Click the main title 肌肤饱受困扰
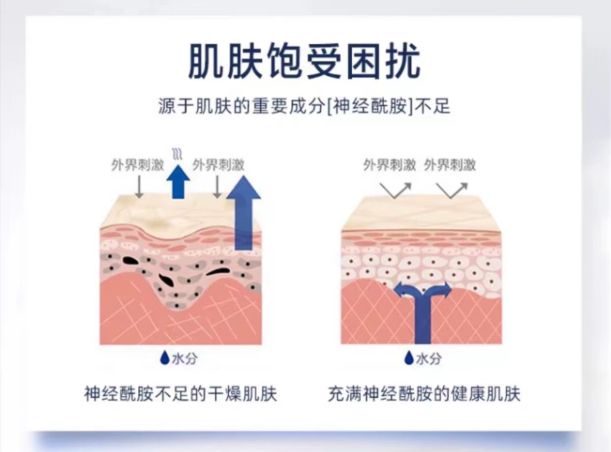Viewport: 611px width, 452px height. pos(305,62)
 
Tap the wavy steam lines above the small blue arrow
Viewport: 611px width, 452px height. pos(177,154)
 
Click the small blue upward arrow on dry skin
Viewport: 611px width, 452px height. pos(178,181)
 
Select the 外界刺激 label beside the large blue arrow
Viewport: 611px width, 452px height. pos(218,165)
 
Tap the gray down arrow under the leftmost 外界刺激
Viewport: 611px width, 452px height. pos(139,187)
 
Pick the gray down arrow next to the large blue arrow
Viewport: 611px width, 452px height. pos(217,187)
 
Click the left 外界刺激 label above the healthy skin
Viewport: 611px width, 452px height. pos(390,165)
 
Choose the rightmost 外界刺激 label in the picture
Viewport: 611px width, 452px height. pos(450,165)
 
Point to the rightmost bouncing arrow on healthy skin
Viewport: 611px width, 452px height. pos(452,190)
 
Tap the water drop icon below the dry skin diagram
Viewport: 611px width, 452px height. pos(165,358)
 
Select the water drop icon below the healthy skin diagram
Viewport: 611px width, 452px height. pos(408,358)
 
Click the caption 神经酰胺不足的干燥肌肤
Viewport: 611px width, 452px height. pos(181,394)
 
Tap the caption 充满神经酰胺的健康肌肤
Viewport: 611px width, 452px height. pos(424,394)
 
